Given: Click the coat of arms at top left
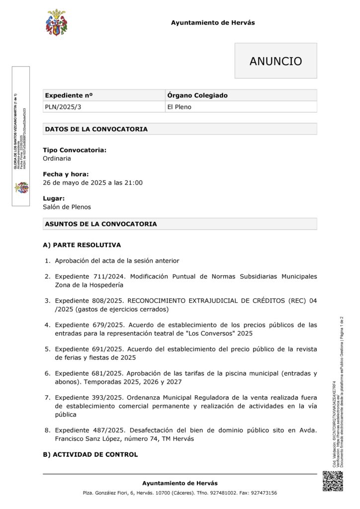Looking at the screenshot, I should (56, 22).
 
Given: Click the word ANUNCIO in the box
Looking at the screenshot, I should (275, 61).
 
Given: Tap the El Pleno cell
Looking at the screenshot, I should (179, 107).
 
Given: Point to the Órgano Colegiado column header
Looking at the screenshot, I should (197, 95).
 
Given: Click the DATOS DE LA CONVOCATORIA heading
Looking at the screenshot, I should (96, 129).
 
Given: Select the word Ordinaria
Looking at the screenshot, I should (57, 159).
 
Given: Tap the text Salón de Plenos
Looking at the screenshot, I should (67, 207).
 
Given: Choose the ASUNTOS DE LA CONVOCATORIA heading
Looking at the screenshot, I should (100, 224).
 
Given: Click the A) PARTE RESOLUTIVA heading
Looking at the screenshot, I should (82, 245).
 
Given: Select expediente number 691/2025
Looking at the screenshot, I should (105, 349).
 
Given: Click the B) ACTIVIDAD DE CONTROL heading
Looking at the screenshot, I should (90, 454).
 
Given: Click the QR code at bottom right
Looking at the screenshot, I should (333, 481).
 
